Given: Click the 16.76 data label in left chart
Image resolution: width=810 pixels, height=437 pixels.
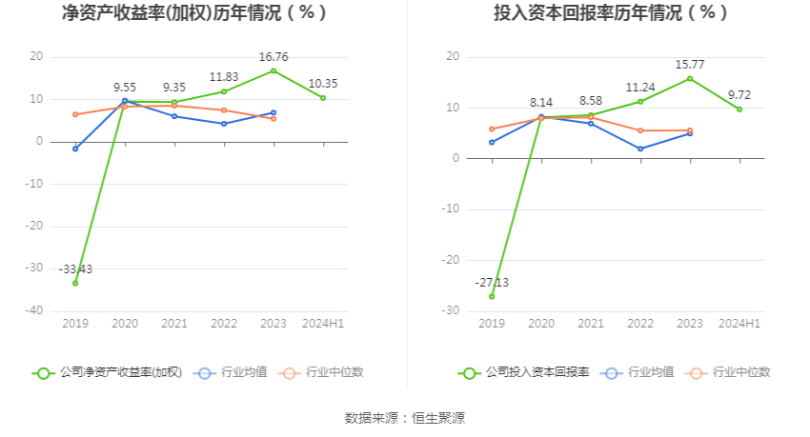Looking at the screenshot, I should click(x=273, y=56).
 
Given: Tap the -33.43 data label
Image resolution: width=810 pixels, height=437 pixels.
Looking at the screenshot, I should click(x=75, y=269).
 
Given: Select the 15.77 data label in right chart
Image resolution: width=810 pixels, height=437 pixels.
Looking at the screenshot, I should click(x=689, y=65).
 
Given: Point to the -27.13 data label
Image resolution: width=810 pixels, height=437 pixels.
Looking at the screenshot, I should click(x=492, y=283).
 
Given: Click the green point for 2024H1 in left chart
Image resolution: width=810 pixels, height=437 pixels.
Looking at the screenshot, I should click(x=323, y=98).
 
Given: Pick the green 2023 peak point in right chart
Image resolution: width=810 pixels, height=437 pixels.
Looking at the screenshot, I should click(x=689, y=78).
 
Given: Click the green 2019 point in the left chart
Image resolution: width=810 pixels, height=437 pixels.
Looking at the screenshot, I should click(x=75, y=283).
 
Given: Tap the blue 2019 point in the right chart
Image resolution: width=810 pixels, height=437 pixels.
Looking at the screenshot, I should click(x=492, y=143).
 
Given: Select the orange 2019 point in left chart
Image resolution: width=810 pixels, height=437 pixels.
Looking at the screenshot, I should click(x=75, y=114).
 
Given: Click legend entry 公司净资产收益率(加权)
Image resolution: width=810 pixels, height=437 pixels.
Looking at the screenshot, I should click(x=107, y=373).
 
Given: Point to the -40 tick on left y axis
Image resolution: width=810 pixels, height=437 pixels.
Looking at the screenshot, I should click(x=34, y=310).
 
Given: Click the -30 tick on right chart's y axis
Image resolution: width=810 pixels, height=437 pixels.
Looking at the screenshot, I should click(x=451, y=310).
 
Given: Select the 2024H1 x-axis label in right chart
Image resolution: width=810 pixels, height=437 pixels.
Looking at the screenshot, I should click(x=739, y=325).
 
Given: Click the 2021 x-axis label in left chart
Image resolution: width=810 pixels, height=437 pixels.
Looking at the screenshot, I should click(x=174, y=325).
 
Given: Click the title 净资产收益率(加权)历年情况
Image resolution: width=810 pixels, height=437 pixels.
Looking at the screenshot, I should click(x=194, y=13).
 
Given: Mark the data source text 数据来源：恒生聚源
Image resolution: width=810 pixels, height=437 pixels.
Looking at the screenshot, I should click(x=404, y=418).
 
